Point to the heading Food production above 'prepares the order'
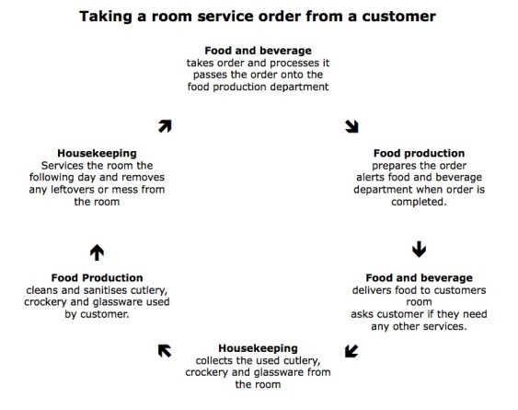pos(419,152)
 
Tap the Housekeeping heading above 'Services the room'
pos(97,152)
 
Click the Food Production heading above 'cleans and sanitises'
pos(97,277)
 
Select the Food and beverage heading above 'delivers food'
pos(419,277)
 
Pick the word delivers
pos(387,289)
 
